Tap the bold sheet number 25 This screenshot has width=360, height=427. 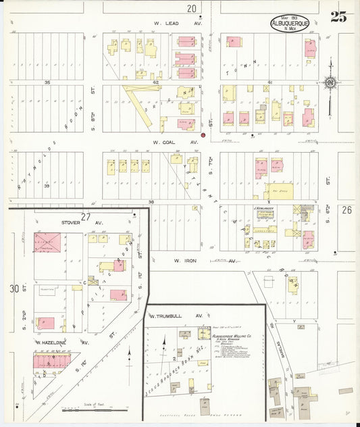pyautogui.click(x=338, y=18)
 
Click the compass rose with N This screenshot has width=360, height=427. pyautogui.click(x=330, y=83)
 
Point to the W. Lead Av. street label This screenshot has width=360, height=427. pyautogui.click(x=178, y=22)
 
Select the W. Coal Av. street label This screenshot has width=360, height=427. pyautogui.click(x=175, y=143)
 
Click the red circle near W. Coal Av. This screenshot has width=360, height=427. pyautogui.click(x=203, y=135)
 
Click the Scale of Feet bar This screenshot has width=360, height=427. pyautogui.click(x=95, y=409)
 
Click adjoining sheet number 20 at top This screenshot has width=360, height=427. pyautogui.click(x=192, y=8)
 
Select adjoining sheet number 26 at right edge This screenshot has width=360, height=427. pyautogui.click(x=348, y=210)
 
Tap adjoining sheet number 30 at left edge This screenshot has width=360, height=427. pyautogui.click(x=14, y=288)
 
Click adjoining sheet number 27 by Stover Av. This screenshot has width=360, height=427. pyautogui.click(x=85, y=216)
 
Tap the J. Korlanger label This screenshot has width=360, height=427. pyautogui.click(x=263, y=209)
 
